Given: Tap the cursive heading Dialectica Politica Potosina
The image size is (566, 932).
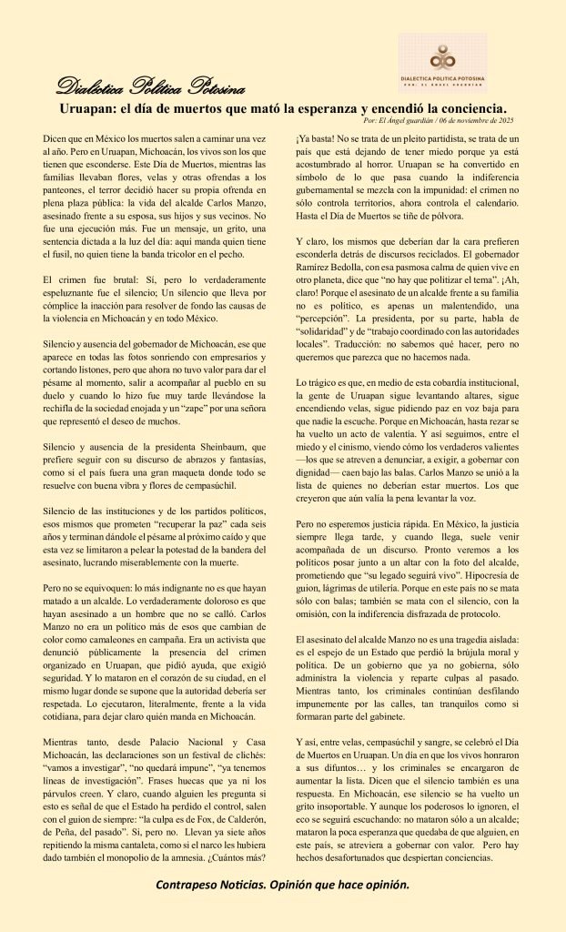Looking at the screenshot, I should [x=150, y=87].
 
